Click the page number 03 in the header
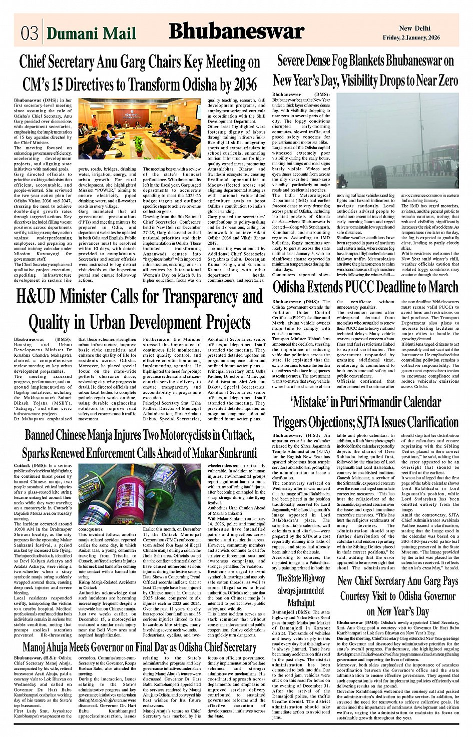(x=29, y=33)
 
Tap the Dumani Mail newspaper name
(x=91, y=33)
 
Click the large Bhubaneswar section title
(x=236, y=32)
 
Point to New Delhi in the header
(x=414, y=28)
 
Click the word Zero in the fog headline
(x=442, y=80)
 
